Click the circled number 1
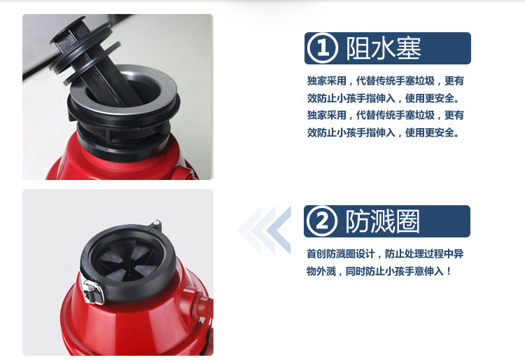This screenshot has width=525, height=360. point(322,48)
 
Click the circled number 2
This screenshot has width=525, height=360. point(322,221)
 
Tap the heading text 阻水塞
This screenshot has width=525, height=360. point(384,48)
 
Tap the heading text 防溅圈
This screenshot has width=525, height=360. point(382,221)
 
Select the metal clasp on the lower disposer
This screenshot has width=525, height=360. point(92,291)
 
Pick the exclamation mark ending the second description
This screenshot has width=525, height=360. point(449,271)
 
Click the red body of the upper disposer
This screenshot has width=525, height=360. point(120,164)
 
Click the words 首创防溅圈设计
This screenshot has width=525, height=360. point(340,254)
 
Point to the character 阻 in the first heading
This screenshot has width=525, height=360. point(358,48)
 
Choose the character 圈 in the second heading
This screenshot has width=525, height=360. point(407,221)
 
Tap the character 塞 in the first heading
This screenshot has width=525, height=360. point(409,48)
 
